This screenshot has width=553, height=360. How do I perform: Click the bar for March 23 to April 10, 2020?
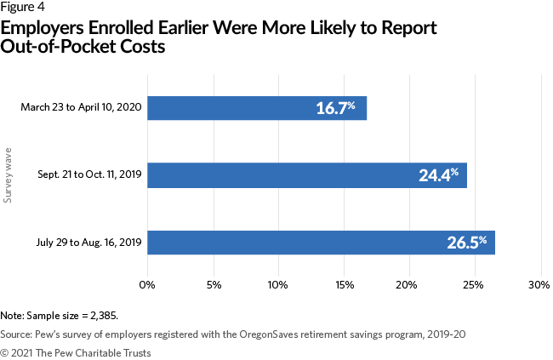(x=257, y=108)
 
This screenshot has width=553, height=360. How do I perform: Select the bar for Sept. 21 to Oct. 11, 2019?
(x=306, y=175)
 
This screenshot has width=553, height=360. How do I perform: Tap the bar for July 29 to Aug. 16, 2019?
(x=321, y=243)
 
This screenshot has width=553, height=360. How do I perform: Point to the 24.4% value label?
(x=439, y=175)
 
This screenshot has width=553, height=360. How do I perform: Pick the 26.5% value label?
(x=466, y=243)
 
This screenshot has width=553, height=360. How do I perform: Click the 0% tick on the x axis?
(x=148, y=283)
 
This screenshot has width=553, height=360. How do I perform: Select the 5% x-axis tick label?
(x=214, y=283)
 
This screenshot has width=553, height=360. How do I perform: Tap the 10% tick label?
(x=278, y=283)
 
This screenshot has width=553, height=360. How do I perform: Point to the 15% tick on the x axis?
(x=344, y=283)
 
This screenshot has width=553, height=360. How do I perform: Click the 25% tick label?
(x=474, y=283)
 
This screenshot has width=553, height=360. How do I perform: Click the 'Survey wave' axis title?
(x=9, y=175)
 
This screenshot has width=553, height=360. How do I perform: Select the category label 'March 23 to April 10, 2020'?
(x=81, y=108)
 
